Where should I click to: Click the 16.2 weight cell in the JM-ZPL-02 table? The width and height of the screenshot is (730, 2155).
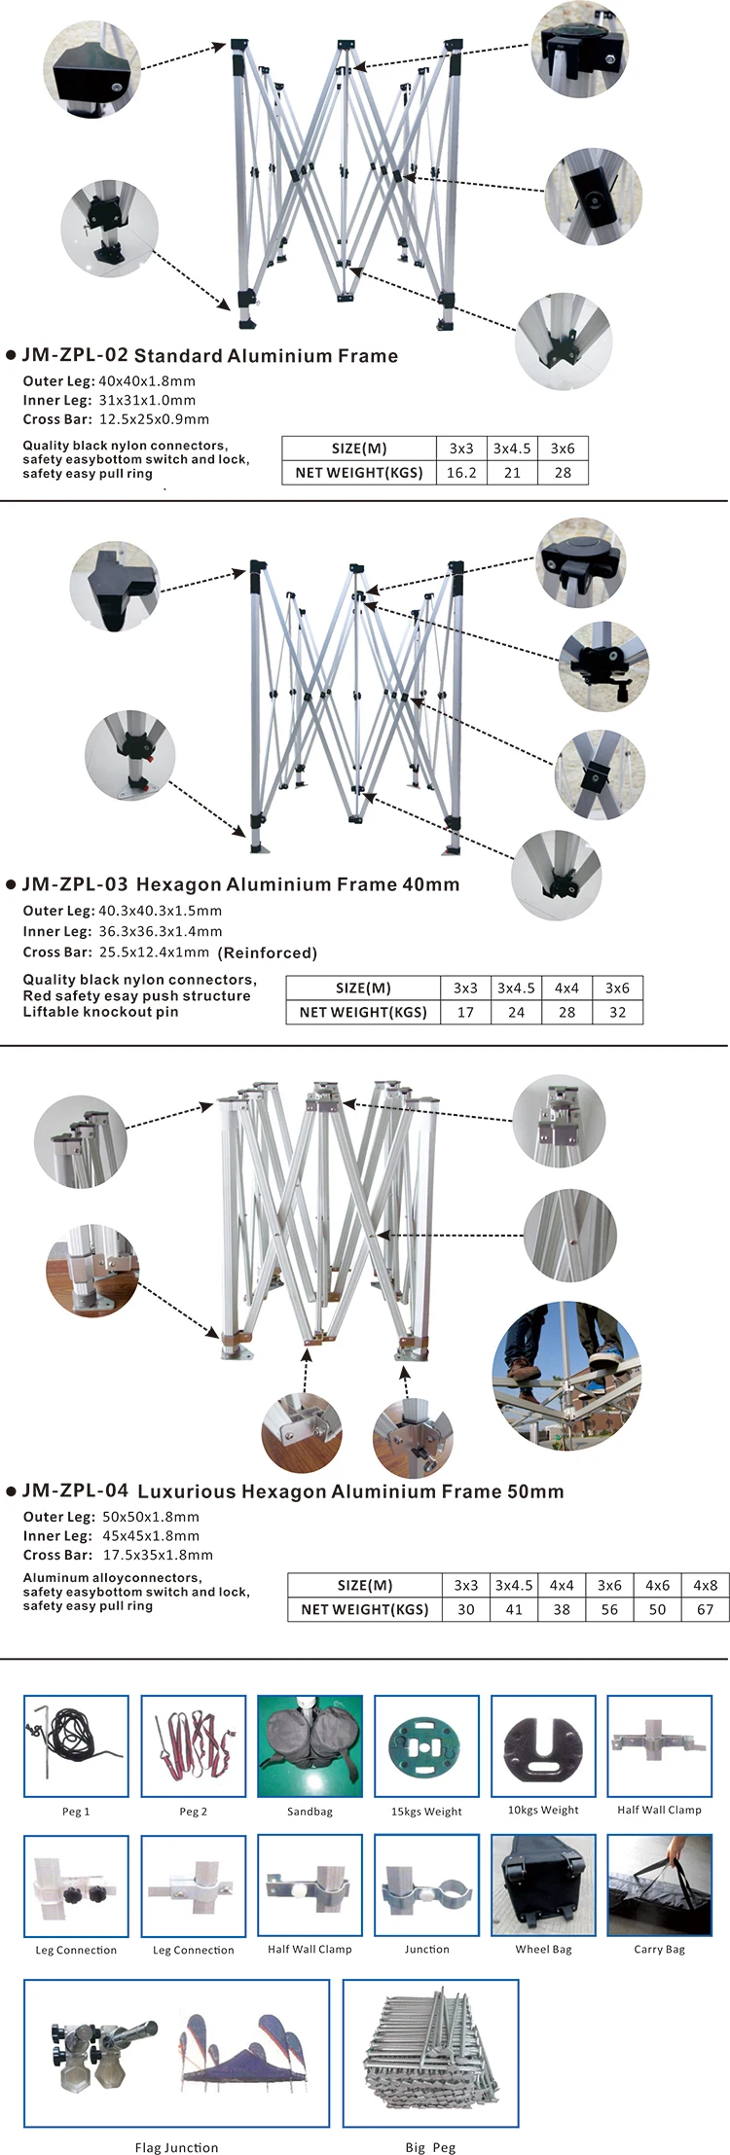click(x=461, y=473)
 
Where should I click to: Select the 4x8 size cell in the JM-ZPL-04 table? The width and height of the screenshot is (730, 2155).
click(x=706, y=1585)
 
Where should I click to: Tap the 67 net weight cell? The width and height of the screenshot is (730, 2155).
click(x=706, y=1609)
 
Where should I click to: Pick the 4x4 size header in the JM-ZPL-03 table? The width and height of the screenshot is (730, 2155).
click(x=566, y=988)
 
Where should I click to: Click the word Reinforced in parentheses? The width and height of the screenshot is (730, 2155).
click(x=268, y=952)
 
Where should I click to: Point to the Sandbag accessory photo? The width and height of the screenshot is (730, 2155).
click(x=310, y=1746)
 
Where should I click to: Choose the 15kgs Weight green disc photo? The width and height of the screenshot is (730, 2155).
click(x=426, y=1746)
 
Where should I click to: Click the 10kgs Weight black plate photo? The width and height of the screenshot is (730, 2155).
click(x=543, y=1746)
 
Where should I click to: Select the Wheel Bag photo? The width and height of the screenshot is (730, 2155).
click(x=543, y=1885)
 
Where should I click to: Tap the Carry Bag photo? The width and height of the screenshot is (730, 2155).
click(x=660, y=1885)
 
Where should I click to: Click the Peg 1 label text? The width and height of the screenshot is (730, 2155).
click(x=76, y=1812)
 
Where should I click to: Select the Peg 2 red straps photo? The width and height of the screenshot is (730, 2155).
click(x=193, y=1746)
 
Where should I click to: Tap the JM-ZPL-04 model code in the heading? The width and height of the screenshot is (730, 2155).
click(x=75, y=1491)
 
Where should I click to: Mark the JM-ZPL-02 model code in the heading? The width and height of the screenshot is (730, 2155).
click(x=75, y=355)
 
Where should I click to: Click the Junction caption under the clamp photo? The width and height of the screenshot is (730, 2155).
click(x=427, y=1949)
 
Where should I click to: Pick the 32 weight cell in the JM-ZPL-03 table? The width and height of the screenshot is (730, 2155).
click(x=617, y=1012)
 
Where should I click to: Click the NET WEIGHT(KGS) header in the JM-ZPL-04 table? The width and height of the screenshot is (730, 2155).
click(x=365, y=1609)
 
